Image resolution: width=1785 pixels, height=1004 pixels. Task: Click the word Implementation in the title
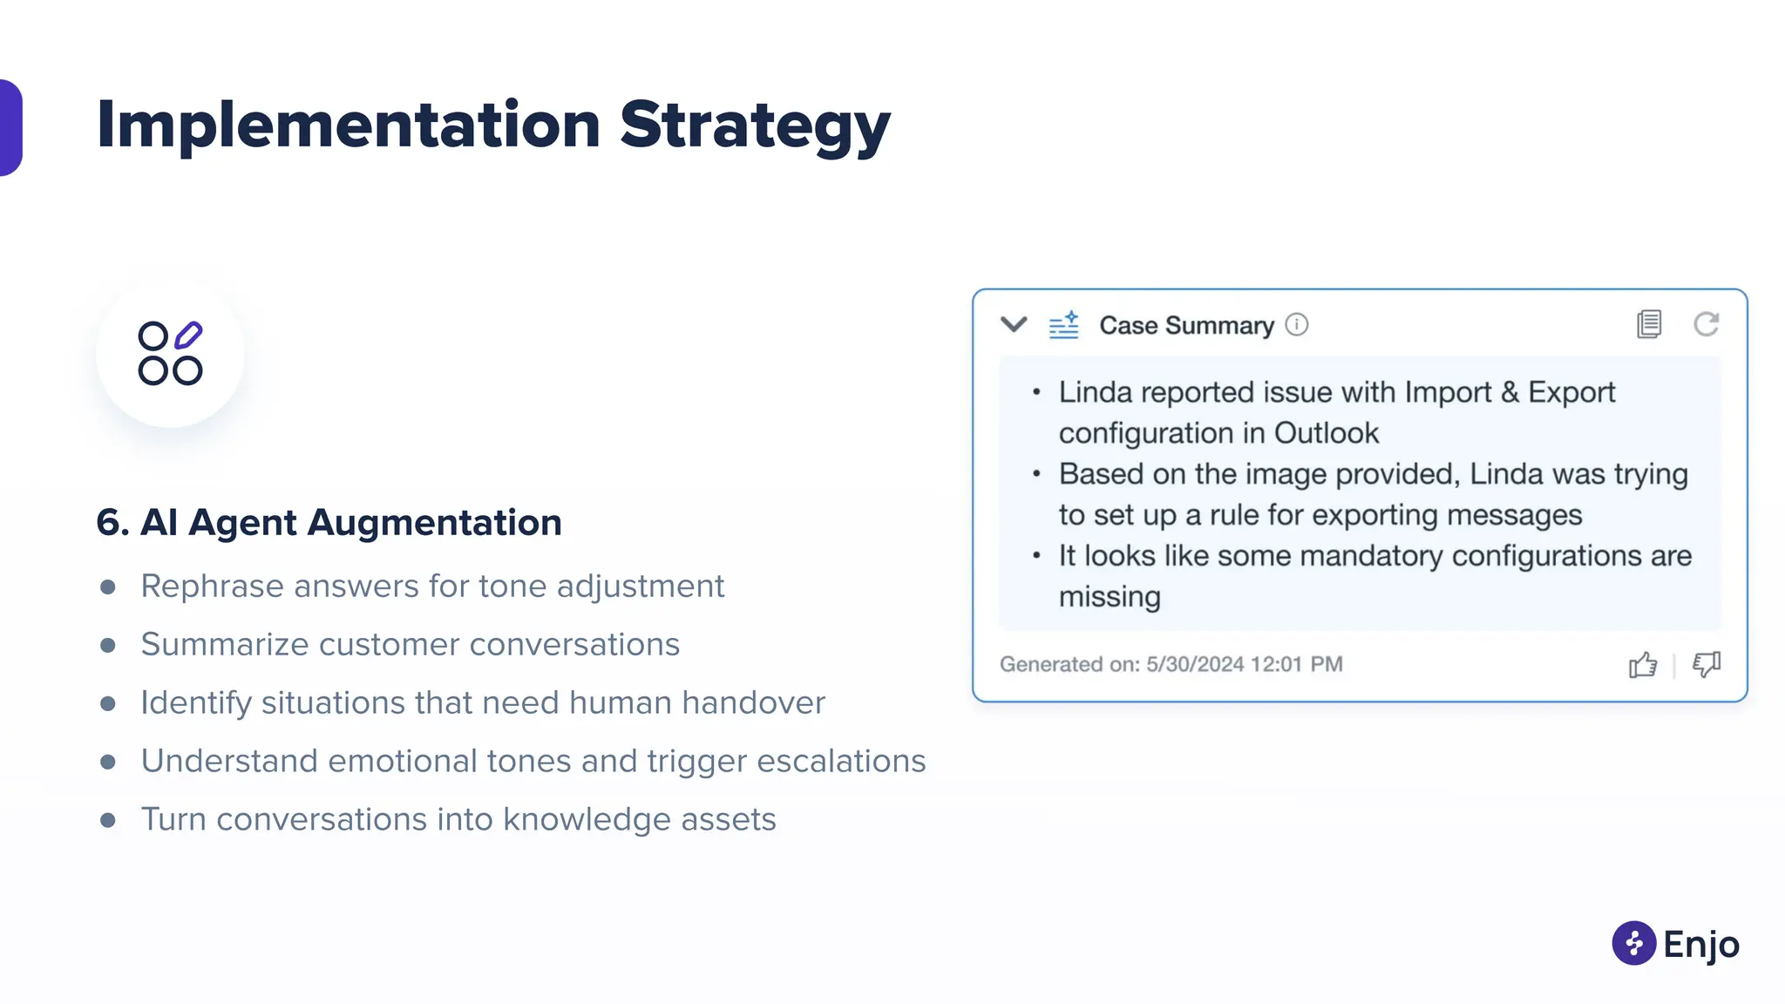tap(349, 125)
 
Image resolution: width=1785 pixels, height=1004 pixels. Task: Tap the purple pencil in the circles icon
tap(188, 335)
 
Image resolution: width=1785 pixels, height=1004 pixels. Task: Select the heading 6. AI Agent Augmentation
tap(329, 522)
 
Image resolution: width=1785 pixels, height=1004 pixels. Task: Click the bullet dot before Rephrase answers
tap(108, 587)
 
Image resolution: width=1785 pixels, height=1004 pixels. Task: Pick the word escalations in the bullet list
tap(840, 761)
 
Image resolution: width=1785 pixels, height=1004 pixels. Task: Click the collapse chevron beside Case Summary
tap(1014, 325)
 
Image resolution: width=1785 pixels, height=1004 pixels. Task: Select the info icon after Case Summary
tap(1297, 325)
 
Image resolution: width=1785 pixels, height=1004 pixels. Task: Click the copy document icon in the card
tap(1649, 324)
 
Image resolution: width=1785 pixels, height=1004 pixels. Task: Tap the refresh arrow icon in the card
tap(1706, 324)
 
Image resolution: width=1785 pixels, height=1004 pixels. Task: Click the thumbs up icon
tap(1643, 665)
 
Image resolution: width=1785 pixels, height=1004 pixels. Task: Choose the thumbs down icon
tap(1706, 665)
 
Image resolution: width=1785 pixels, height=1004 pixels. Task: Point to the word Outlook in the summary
tap(1326, 433)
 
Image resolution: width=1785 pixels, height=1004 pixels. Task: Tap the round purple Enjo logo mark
tap(1633, 943)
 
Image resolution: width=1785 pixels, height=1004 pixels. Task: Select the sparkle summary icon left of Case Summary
tap(1063, 325)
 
